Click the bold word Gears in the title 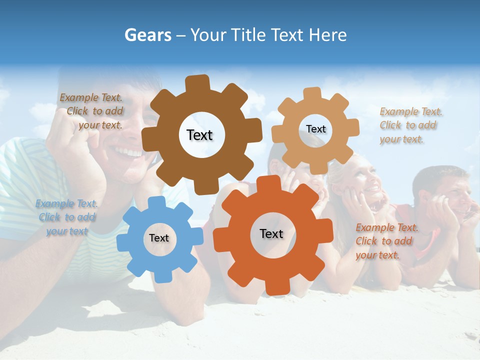[147, 35]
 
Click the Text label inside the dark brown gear [199, 135]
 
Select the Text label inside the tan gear [315, 129]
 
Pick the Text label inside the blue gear [159, 238]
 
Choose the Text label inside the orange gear [271, 233]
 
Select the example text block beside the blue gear [66, 217]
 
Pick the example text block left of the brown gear [93, 111]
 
